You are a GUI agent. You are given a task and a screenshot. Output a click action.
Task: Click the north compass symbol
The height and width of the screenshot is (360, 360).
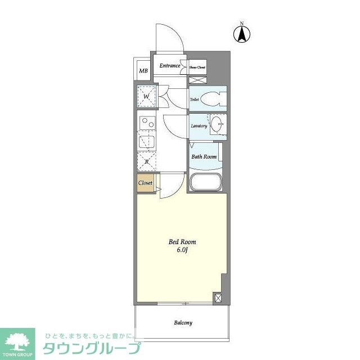tap(242, 34)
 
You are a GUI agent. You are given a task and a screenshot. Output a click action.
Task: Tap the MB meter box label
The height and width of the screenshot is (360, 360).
tap(143, 71)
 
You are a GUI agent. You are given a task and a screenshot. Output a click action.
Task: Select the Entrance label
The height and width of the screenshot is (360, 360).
tap(169, 66)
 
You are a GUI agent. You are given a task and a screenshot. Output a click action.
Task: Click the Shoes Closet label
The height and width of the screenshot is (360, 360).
tap(197, 67)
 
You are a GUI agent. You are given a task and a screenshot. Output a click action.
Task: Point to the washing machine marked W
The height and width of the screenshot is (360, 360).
tap(146, 97)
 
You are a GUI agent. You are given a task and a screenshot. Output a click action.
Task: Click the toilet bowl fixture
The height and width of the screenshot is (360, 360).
tap(213, 99)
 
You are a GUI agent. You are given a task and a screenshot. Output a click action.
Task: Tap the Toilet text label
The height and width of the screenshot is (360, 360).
tap(195, 100)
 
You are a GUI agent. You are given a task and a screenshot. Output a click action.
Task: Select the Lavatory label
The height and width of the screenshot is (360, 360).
tap(199, 126)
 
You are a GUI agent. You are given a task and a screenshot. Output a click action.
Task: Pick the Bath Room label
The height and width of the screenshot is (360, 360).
tap(204, 157)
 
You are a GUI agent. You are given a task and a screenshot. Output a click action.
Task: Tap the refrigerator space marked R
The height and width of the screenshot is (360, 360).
tap(146, 161)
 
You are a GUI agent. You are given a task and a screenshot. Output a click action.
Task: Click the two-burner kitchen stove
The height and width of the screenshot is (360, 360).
tap(147, 123)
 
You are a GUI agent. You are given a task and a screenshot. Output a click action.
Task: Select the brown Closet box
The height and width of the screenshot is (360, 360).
tap(146, 183)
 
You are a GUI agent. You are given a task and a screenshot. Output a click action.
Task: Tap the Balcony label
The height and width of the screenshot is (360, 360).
tap(183, 323)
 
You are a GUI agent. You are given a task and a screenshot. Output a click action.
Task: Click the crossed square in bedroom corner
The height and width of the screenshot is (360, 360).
tap(218, 298)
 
